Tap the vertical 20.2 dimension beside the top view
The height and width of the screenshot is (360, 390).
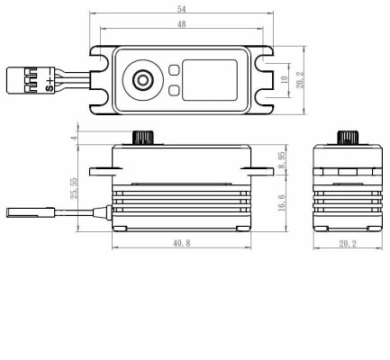pos(302,80)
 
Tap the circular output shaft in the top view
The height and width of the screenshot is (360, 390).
pos(142,80)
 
